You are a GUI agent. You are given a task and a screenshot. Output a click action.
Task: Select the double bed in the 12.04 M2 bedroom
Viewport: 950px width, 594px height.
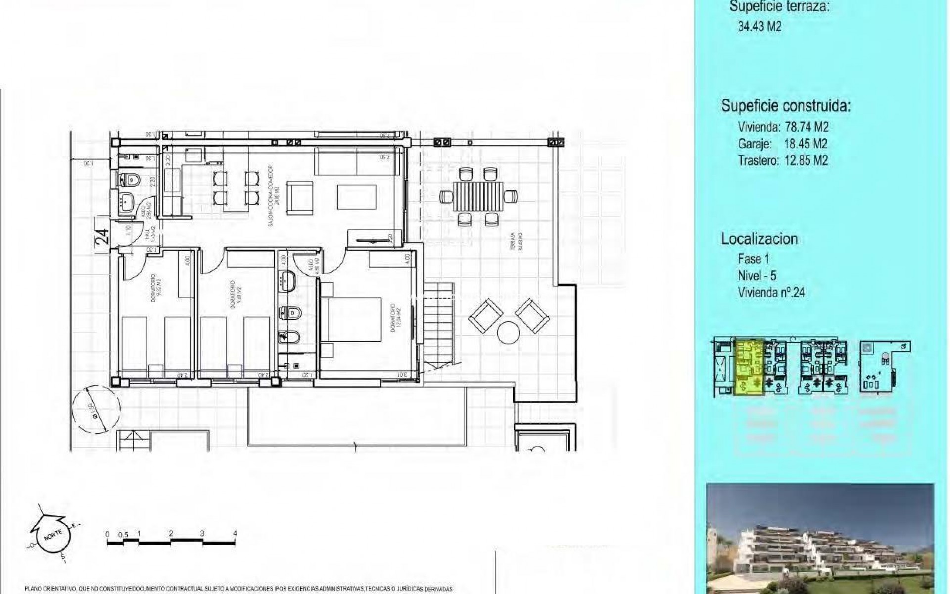pos(351,319)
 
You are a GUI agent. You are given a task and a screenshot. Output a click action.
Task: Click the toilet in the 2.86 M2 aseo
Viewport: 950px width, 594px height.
pos(130,179)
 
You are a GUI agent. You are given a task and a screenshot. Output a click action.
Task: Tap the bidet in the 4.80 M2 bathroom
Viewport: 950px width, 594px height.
pos(286,337)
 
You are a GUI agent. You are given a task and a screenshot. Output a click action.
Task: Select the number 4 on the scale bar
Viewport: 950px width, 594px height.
pos(235,534)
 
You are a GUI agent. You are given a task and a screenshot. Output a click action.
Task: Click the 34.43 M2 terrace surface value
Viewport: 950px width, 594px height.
pos(760,27)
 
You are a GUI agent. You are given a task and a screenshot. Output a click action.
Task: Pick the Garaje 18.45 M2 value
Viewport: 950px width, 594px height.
pos(806,144)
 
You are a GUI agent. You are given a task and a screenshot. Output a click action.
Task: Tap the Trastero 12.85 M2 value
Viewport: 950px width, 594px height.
pos(806,161)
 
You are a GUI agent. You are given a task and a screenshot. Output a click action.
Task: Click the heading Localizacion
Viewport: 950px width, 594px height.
pos(759,239)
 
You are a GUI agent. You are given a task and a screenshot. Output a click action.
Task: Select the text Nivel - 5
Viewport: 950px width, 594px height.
pos(757,276)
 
